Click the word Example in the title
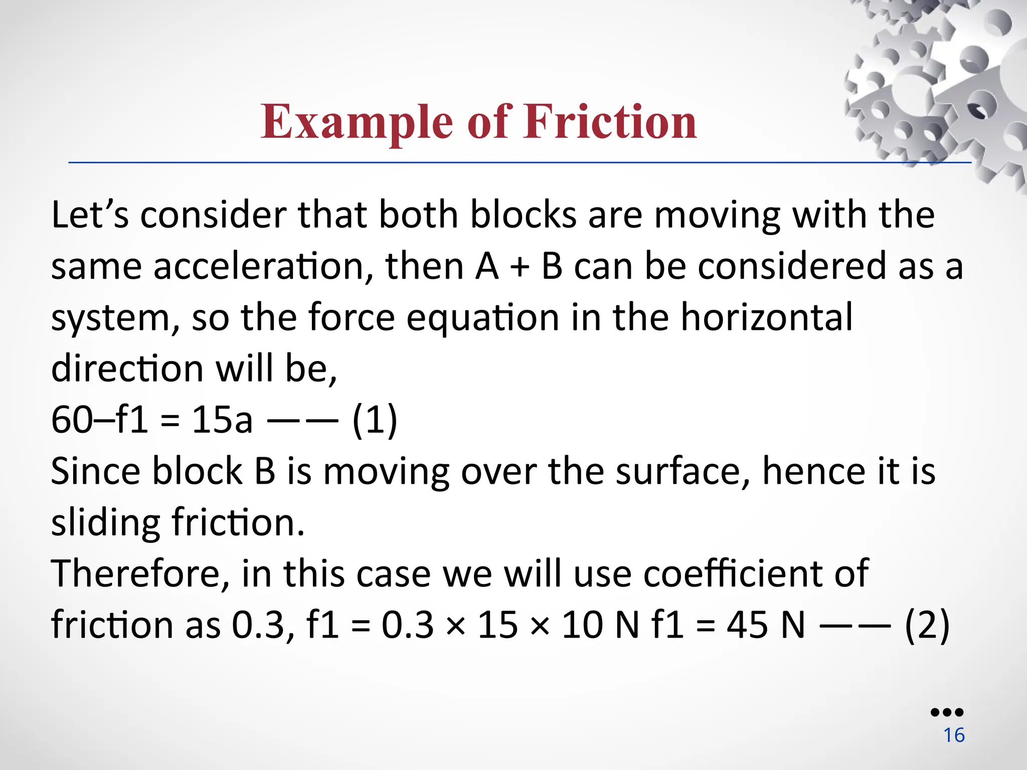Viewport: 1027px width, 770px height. [x=357, y=122]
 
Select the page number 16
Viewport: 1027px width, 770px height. [x=954, y=735]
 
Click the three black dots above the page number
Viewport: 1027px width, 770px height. [x=947, y=712]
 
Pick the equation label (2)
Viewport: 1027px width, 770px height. [x=927, y=625]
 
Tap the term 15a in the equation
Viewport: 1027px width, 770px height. [x=222, y=420]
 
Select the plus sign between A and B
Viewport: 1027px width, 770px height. [x=520, y=267]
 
